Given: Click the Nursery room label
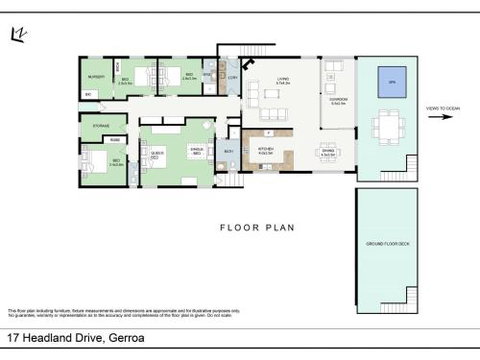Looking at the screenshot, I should (96, 77).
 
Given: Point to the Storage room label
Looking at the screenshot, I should (101, 125).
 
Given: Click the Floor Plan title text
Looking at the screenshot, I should (256, 227).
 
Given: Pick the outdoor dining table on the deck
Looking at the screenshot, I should (385, 127).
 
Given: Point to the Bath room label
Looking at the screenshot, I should (228, 151).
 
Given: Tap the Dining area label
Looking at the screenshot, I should (328, 153).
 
